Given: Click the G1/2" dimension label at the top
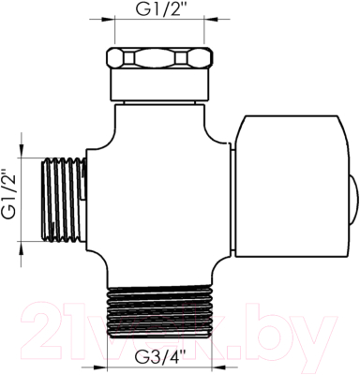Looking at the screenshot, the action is point(159,9).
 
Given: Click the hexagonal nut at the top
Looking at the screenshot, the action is point(160,58).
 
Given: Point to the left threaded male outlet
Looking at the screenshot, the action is point(64,200).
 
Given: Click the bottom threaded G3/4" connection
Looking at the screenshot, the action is point(160,311).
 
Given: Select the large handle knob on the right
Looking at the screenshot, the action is point(292,187).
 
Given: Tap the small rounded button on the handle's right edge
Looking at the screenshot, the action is point(354,201).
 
